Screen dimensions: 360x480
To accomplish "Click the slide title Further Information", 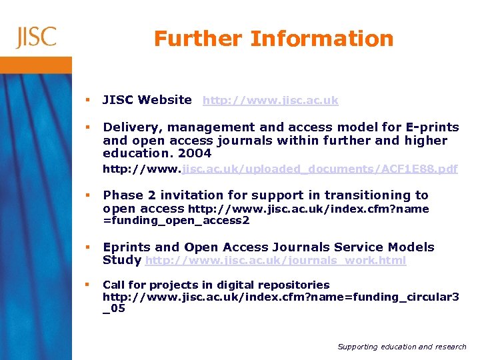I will tap(273, 39).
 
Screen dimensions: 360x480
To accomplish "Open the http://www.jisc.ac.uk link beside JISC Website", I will tap(270, 101).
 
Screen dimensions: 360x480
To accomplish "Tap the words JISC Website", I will tap(147, 100).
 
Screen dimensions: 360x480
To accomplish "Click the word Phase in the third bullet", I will tap(121, 195).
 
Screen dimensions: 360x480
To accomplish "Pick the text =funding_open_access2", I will tap(176, 220).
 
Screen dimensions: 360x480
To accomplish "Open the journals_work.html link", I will tap(275, 261).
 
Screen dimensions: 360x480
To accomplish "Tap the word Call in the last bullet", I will tap(113, 285).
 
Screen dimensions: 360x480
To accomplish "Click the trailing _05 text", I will tap(114, 308).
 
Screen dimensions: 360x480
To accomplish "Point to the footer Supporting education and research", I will tap(401, 347).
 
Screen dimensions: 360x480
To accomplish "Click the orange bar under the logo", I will tap(36, 65).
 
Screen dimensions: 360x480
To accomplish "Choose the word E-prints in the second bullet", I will tap(431, 127).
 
